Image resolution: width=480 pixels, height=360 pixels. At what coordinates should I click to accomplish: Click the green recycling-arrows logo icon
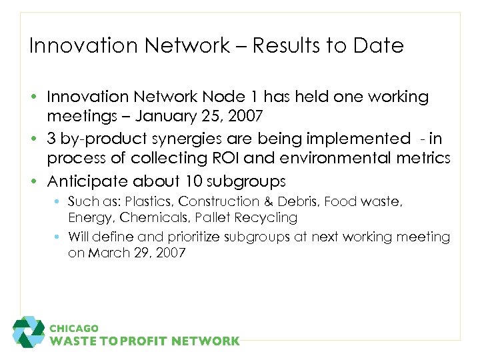29,332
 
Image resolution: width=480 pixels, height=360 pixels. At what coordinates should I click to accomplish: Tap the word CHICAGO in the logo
74,328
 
